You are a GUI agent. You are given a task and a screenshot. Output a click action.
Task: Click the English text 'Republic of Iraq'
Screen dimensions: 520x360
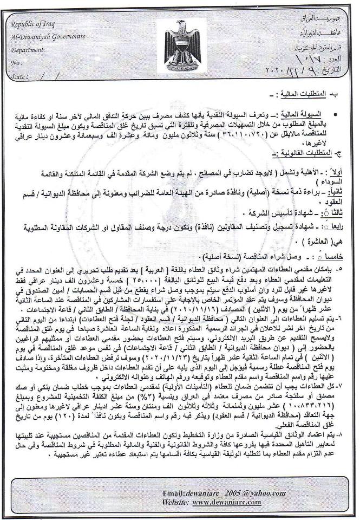click(34, 23)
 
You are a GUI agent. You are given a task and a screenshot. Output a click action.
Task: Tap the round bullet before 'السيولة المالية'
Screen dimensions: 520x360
click(337, 115)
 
